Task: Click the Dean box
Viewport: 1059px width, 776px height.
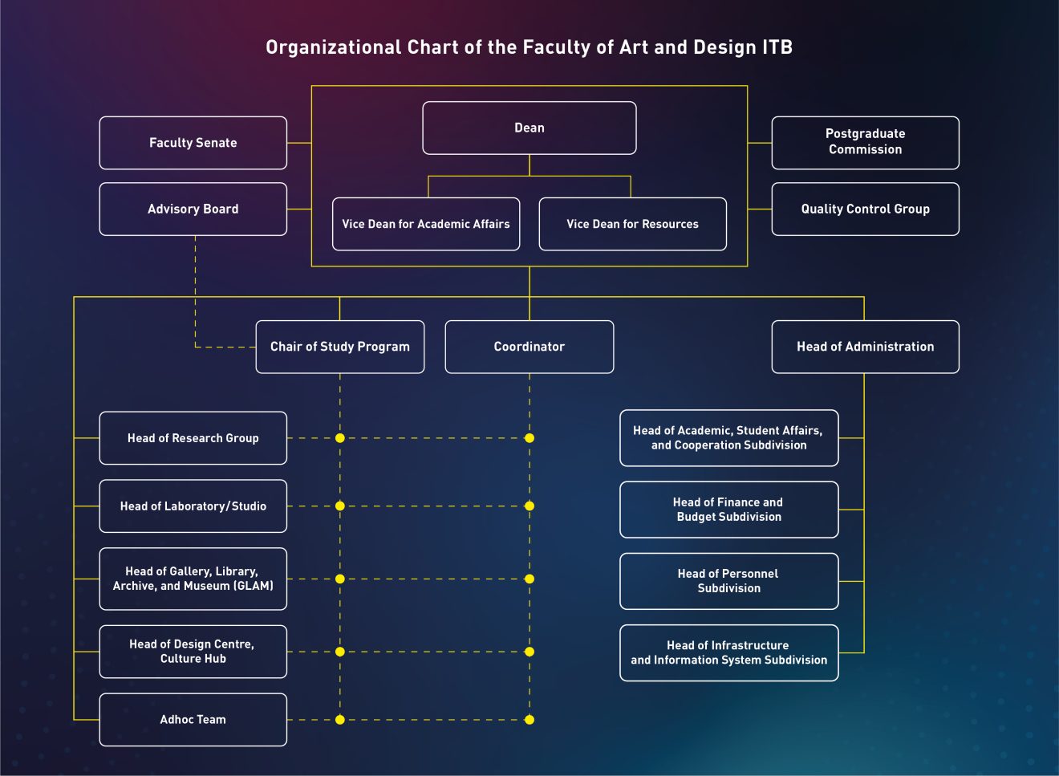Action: tap(529, 128)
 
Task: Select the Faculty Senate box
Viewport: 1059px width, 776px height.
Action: tap(193, 143)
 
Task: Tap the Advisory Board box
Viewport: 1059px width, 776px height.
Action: tap(193, 209)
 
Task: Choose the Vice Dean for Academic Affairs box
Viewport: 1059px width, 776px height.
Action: tap(426, 224)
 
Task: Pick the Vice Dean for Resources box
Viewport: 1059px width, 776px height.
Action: tap(632, 224)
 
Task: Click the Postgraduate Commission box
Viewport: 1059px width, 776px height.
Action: tap(865, 142)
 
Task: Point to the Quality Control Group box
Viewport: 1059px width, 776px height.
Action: tap(865, 209)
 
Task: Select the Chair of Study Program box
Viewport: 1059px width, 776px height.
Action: tap(339, 347)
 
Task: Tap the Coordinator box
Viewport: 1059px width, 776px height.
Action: tap(529, 347)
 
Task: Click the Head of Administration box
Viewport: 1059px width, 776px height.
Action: tap(865, 347)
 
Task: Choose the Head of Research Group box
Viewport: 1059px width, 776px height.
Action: tap(193, 438)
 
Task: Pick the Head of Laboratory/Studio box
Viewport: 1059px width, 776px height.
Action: tap(193, 506)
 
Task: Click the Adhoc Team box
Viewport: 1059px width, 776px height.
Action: tap(193, 720)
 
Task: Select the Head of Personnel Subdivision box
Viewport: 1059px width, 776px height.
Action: tap(728, 581)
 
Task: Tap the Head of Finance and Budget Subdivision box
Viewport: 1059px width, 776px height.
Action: tap(728, 510)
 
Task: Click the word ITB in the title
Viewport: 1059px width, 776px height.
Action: tap(777, 47)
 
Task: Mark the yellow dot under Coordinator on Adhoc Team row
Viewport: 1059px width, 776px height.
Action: tap(529, 720)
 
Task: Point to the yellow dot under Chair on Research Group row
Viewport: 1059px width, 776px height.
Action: tap(340, 438)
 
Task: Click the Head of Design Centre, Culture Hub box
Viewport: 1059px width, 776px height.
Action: tap(193, 652)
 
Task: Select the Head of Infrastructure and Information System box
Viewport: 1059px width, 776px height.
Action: tap(728, 652)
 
